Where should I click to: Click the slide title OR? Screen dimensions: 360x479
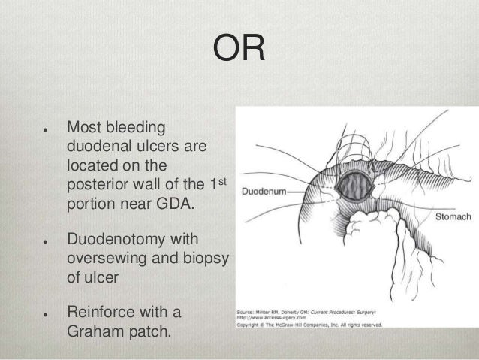click(239, 50)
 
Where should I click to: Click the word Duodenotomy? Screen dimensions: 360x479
click(122, 240)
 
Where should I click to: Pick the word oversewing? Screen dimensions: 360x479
click(110, 259)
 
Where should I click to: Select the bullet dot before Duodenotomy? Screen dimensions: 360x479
click(47, 241)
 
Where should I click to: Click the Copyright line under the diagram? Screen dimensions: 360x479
click(309, 324)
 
